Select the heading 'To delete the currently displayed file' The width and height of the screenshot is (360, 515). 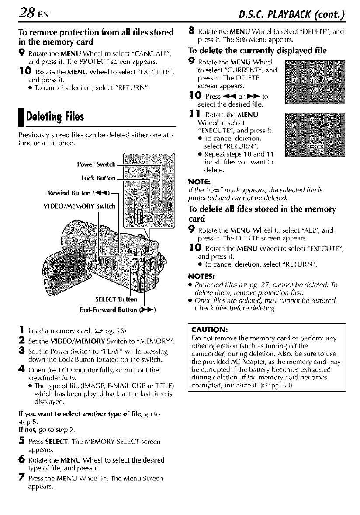pyautogui.click(x=254, y=49)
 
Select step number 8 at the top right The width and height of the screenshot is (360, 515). pyautogui.click(x=191, y=31)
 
